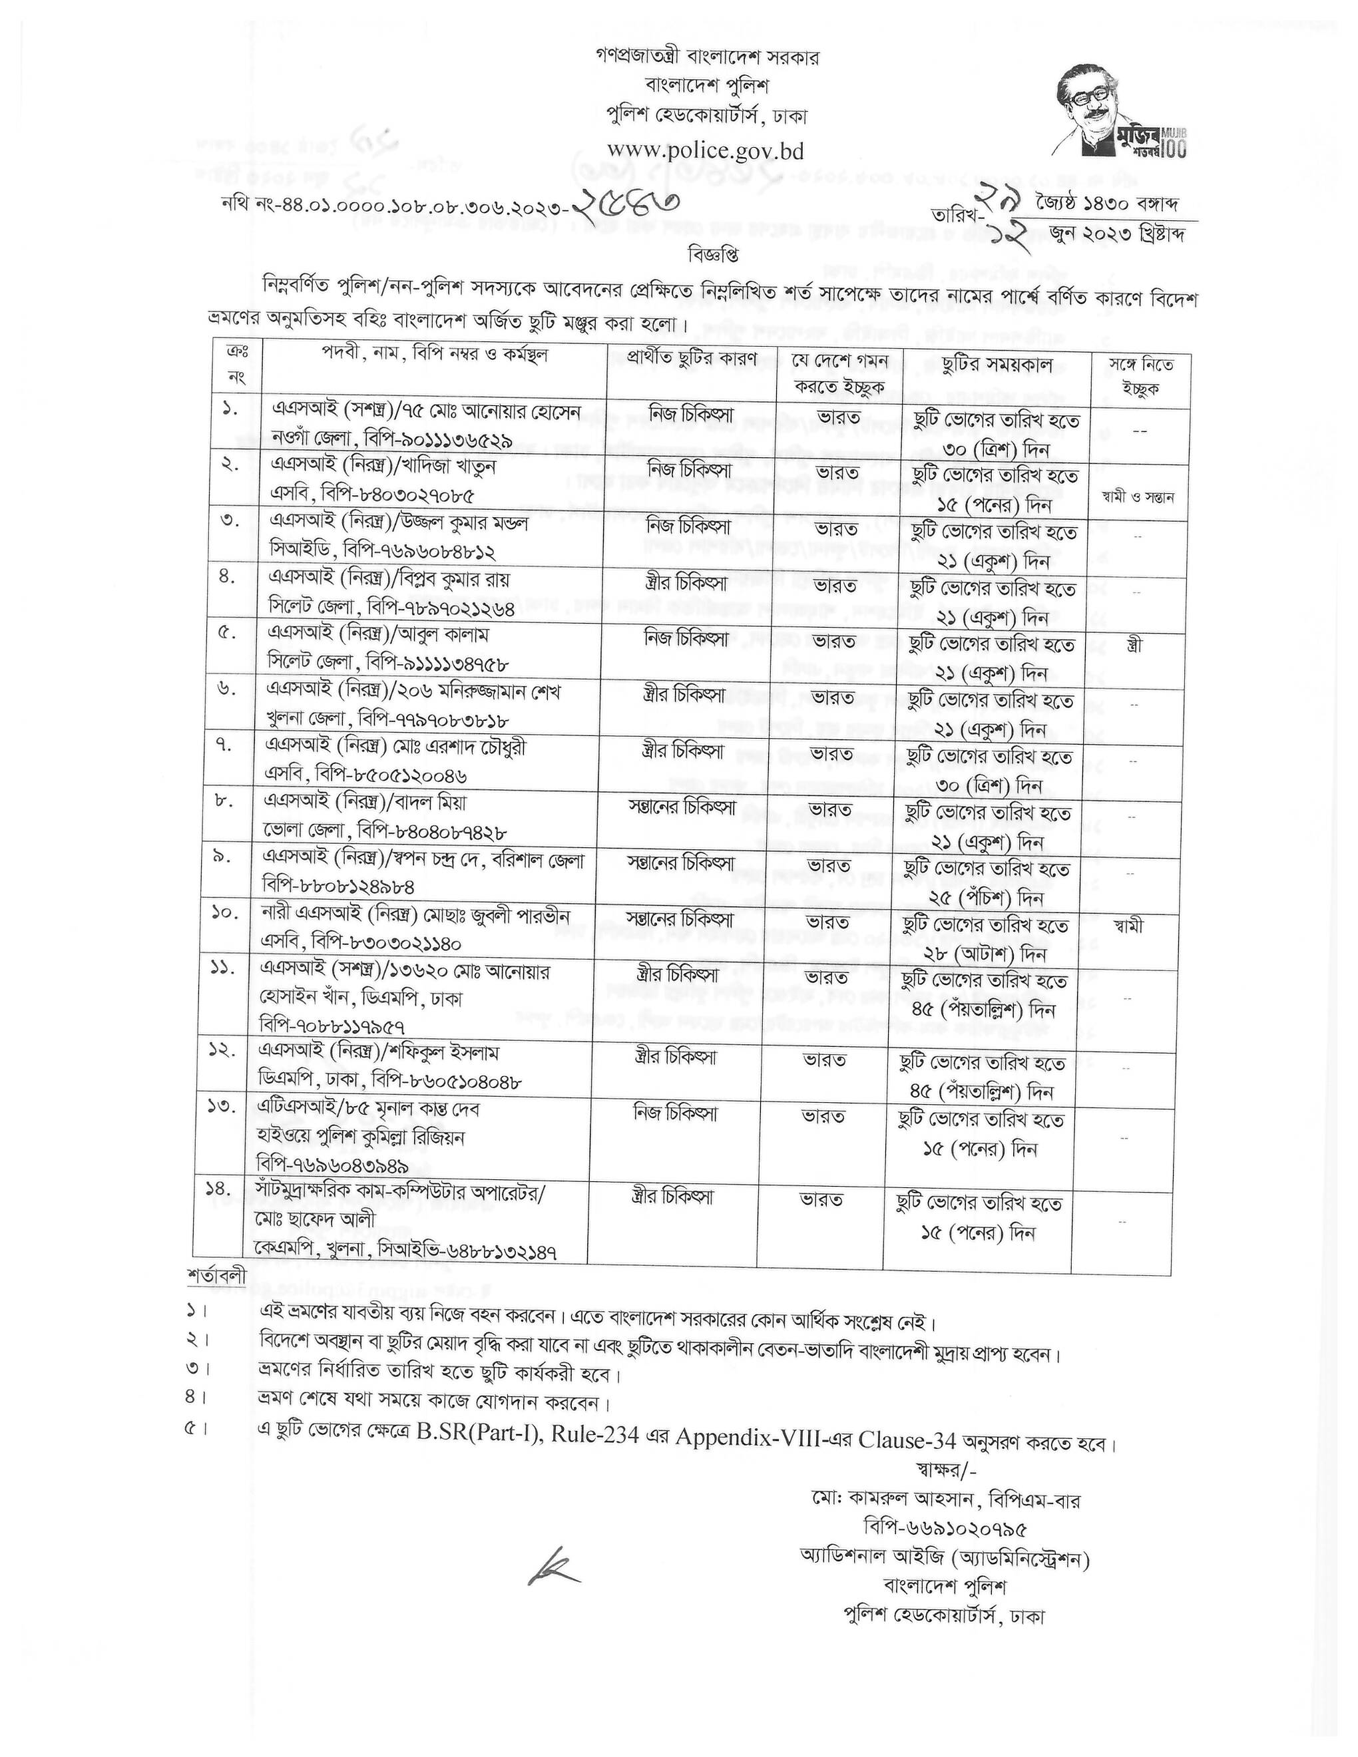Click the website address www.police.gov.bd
pos(706,151)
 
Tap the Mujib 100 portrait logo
pos(1123,110)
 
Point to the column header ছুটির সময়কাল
pos(996,365)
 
